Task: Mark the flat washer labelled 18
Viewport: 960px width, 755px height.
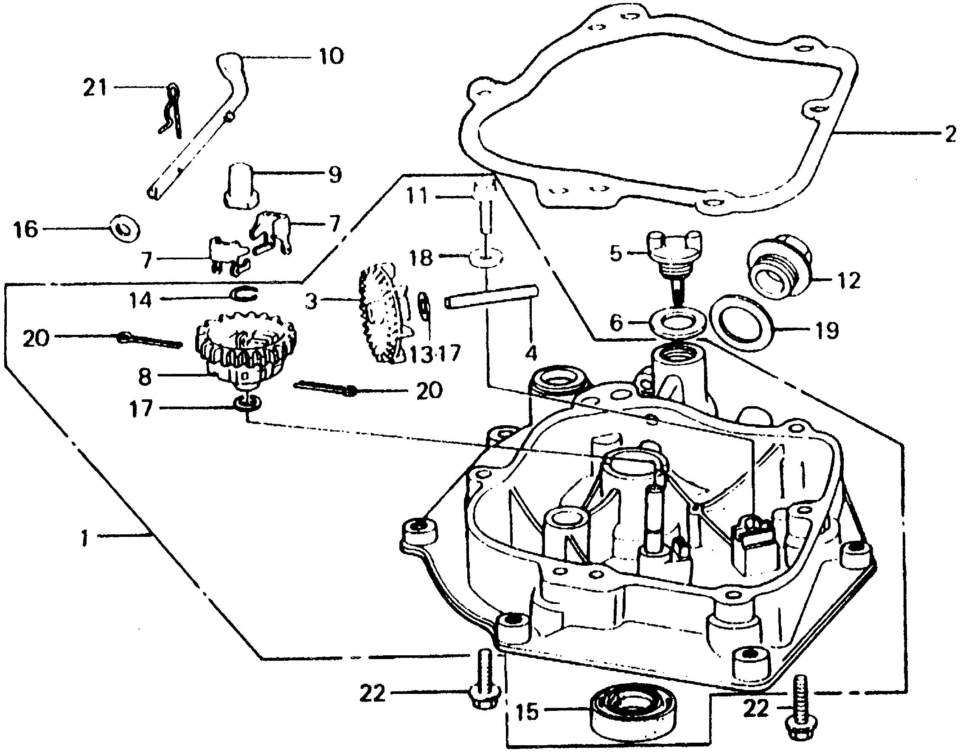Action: (x=485, y=258)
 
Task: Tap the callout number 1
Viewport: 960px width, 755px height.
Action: (x=85, y=538)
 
